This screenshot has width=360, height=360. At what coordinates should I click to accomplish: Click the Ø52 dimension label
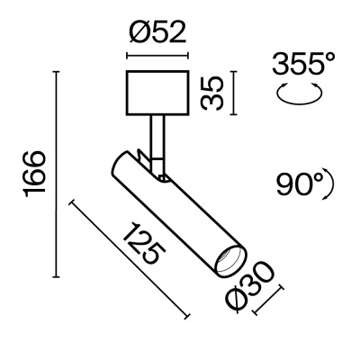pyautogui.click(x=157, y=36)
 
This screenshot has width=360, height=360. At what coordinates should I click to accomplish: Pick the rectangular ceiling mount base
pyautogui.click(x=157, y=93)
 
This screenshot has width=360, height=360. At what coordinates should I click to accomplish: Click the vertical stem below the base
pyautogui.click(x=160, y=135)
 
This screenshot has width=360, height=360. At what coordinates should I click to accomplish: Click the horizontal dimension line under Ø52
pyautogui.click(x=157, y=57)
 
